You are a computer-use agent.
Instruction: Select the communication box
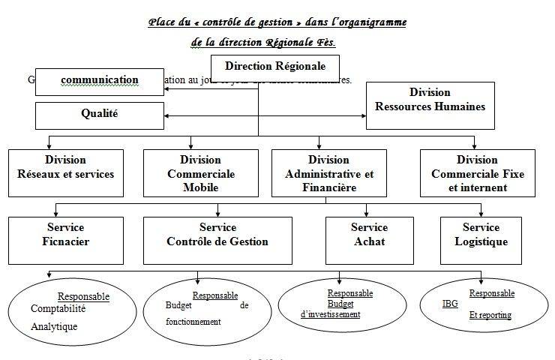pyautogui.click(x=100, y=81)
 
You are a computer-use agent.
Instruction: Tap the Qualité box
pyautogui.click(x=100, y=115)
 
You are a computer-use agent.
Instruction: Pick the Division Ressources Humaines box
pyautogui.click(x=430, y=105)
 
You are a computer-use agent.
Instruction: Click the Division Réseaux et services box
pyautogui.click(x=65, y=172)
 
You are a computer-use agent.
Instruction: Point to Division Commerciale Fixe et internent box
pyautogui.click(x=477, y=172)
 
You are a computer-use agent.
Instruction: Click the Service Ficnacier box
pyautogui.click(x=65, y=239)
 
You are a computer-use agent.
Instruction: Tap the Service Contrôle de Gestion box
pyautogui.click(x=217, y=239)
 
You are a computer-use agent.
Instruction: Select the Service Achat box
pyautogui.click(x=369, y=239)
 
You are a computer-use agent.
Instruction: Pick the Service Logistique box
pyautogui.click(x=481, y=239)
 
